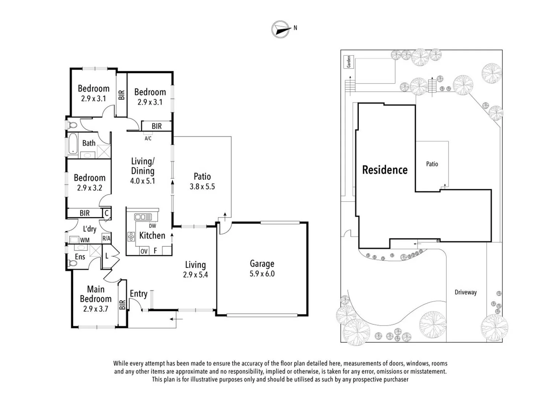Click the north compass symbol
click(x=281, y=29)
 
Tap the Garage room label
click(x=262, y=264)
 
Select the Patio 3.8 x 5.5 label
click(x=202, y=181)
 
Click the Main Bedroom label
click(x=96, y=294)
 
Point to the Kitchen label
click(x=152, y=235)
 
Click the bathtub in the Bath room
click(x=73, y=144)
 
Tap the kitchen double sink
click(x=143, y=217)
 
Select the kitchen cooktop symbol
click(x=131, y=236)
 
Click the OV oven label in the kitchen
click(x=144, y=251)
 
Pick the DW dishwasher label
click(x=152, y=226)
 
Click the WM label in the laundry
click(x=85, y=240)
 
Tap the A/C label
click(x=148, y=138)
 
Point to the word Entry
click(x=139, y=294)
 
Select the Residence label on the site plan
click(x=385, y=170)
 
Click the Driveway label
click(x=465, y=292)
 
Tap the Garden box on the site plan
click(x=349, y=62)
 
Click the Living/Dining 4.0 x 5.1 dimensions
click(x=143, y=181)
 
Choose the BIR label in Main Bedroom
click(x=122, y=305)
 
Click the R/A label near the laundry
click(x=106, y=238)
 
